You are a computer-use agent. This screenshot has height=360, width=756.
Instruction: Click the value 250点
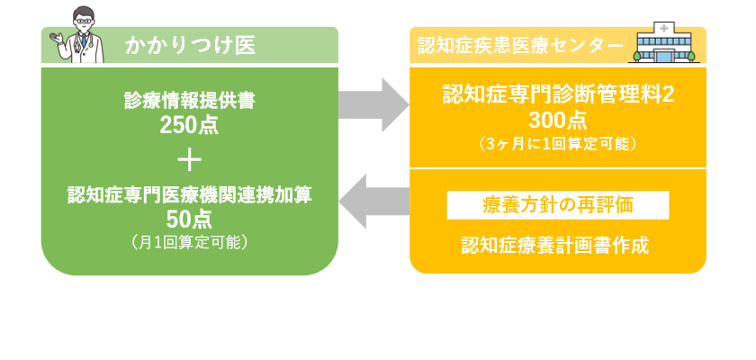coord(189,125)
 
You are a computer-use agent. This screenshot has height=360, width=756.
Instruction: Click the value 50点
coord(189,219)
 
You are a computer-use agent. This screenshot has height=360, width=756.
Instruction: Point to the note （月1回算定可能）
coord(189,241)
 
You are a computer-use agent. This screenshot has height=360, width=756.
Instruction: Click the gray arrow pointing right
coord(373,104)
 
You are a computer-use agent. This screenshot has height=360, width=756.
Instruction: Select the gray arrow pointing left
coord(373,201)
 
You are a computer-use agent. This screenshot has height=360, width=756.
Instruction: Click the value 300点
coord(558,120)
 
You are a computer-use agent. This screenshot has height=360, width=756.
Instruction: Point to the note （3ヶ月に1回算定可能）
coord(558,143)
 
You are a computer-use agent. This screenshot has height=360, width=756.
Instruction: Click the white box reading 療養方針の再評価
coord(558,205)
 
